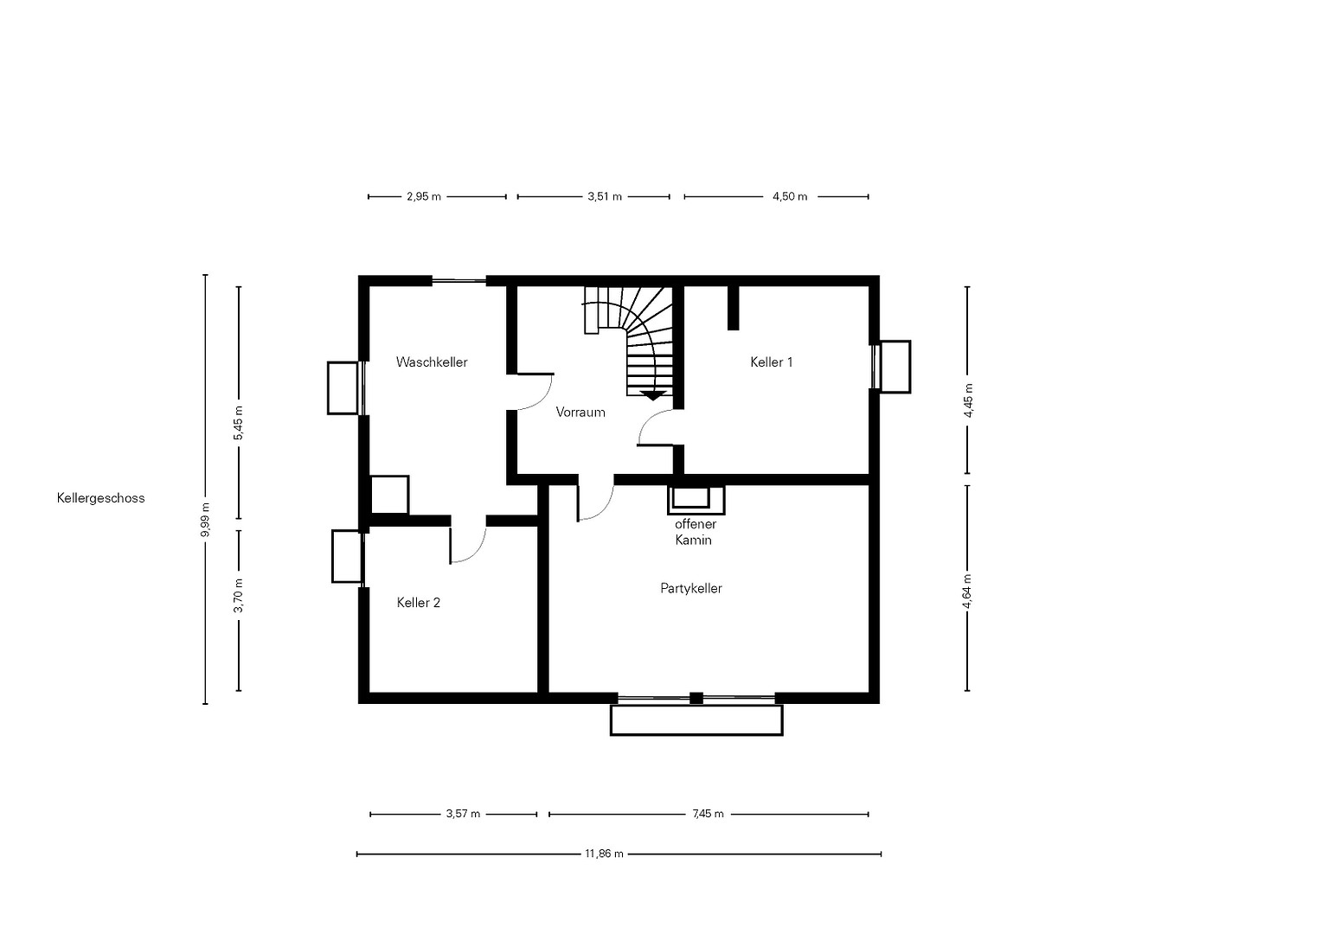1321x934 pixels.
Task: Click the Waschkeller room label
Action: pyautogui.click(x=432, y=362)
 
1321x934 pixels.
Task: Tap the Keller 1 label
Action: pyautogui.click(x=772, y=362)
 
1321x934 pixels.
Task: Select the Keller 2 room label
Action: pyautogui.click(x=418, y=603)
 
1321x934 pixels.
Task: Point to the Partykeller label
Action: pyautogui.click(x=691, y=588)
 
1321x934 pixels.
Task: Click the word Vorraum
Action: pyautogui.click(x=580, y=413)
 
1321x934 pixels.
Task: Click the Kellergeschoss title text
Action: pyautogui.click(x=101, y=498)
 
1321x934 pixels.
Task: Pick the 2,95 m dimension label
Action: pyautogui.click(x=423, y=196)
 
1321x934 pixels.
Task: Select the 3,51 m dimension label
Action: pyautogui.click(x=605, y=196)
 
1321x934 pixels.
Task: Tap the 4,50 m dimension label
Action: pyautogui.click(x=790, y=196)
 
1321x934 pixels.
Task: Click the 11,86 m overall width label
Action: pyautogui.click(x=604, y=854)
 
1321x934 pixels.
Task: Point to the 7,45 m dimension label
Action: pyautogui.click(x=708, y=815)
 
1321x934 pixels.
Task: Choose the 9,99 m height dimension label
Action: pyautogui.click(x=205, y=520)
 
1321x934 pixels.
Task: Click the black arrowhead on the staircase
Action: pyautogui.click(x=653, y=396)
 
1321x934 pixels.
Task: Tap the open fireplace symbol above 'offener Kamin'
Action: pyautogui.click(x=696, y=500)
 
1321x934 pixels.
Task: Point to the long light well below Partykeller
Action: pyautogui.click(x=696, y=720)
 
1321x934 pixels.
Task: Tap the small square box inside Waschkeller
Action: pyautogui.click(x=389, y=495)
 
